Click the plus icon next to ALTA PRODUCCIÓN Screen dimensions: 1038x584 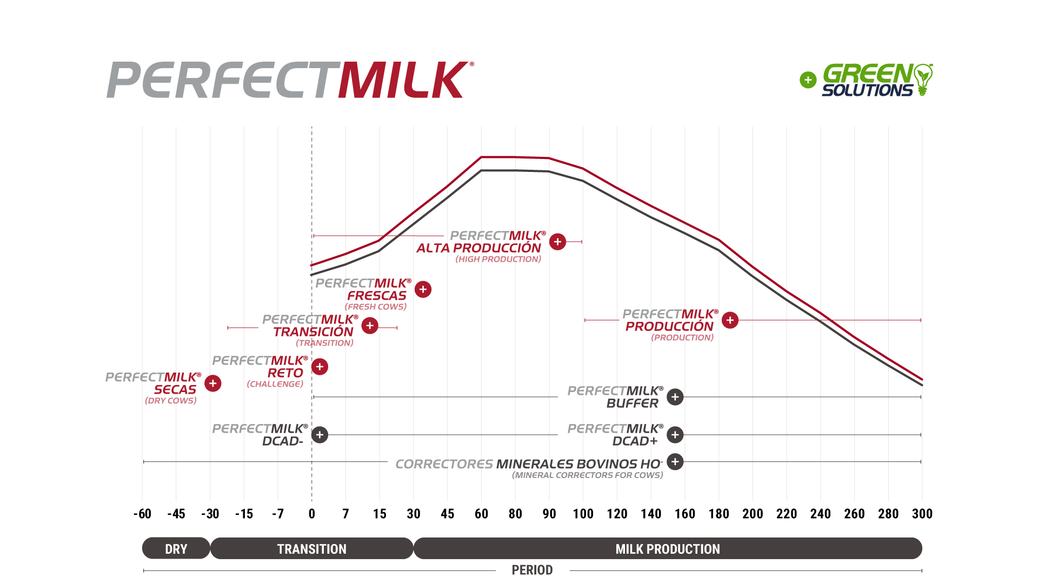pyautogui.click(x=557, y=242)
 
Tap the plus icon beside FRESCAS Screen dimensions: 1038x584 pyautogui.click(x=423, y=289)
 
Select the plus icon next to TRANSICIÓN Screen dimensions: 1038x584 pyautogui.click(x=370, y=326)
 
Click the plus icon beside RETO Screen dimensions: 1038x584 pyautogui.click(x=320, y=367)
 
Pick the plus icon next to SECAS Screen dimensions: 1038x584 pyautogui.click(x=213, y=383)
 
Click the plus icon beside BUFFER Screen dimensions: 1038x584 pyautogui.click(x=675, y=397)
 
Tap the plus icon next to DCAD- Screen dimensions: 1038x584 pyautogui.click(x=320, y=435)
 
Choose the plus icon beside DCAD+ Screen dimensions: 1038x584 pyautogui.click(x=675, y=435)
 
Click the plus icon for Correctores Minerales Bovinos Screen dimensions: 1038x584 pyautogui.click(x=675, y=462)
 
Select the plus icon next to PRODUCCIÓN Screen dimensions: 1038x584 pyautogui.click(x=730, y=320)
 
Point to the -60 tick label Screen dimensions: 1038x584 pyautogui.click(x=142, y=514)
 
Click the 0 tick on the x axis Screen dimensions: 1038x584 pyautogui.click(x=312, y=514)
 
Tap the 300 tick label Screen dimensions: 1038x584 pyautogui.click(x=922, y=514)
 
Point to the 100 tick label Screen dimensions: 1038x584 pyautogui.click(x=583, y=514)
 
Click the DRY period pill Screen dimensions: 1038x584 pyautogui.click(x=176, y=548)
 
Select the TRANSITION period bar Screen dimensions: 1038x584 pyautogui.click(x=312, y=548)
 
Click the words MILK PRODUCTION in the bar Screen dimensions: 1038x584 pyautogui.click(x=668, y=549)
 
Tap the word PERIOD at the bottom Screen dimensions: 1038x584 pyautogui.click(x=532, y=570)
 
